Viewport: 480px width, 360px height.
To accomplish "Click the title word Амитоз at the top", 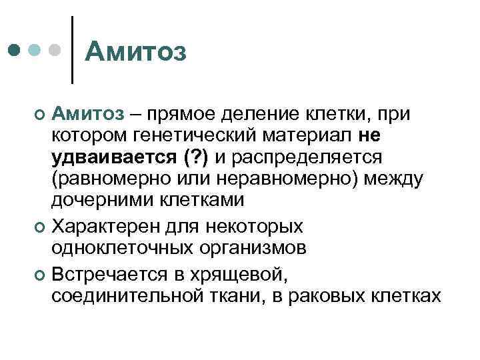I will (x=137, y=51).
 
